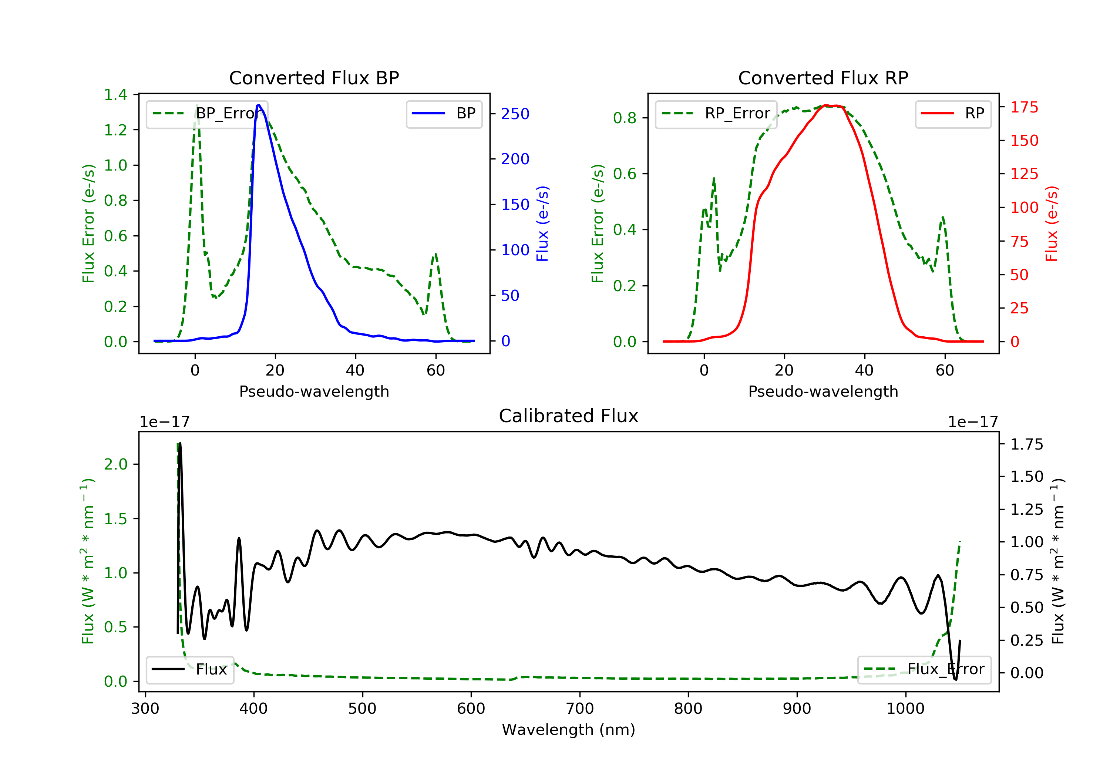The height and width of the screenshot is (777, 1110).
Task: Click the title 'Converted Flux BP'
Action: [x=314, y=78]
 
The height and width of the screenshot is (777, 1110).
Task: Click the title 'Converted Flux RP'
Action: [x=823, y=78]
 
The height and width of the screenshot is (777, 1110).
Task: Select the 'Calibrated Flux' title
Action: [x=569, y=416]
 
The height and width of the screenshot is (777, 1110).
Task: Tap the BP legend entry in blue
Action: [x=444, y=114]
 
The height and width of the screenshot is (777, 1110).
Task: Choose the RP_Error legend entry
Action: [x=716, y=114]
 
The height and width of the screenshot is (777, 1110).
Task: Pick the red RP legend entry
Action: [x=953, y=114]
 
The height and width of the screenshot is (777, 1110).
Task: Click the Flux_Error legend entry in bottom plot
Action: [x=924, y=669]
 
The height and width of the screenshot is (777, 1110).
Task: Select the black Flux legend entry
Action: [x=189, y=669]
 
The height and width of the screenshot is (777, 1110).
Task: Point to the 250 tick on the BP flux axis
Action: [x=515, y=114]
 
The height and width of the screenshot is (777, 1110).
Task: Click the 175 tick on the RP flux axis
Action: [x=1024, y=107]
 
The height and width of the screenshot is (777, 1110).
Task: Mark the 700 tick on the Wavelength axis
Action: [x=580, y=709]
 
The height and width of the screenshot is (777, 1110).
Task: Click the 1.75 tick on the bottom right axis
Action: [x=1027, y=444]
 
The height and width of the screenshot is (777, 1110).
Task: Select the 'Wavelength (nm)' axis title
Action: [x=569, y=730]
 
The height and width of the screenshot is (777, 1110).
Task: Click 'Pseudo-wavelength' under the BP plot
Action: [x=314, y=391]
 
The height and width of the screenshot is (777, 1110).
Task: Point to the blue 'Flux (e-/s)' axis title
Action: [x=542, y=224]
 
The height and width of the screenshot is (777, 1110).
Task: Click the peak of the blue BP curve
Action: [x=259, y=105]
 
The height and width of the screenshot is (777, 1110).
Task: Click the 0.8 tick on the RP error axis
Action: [x=625, y=118]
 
